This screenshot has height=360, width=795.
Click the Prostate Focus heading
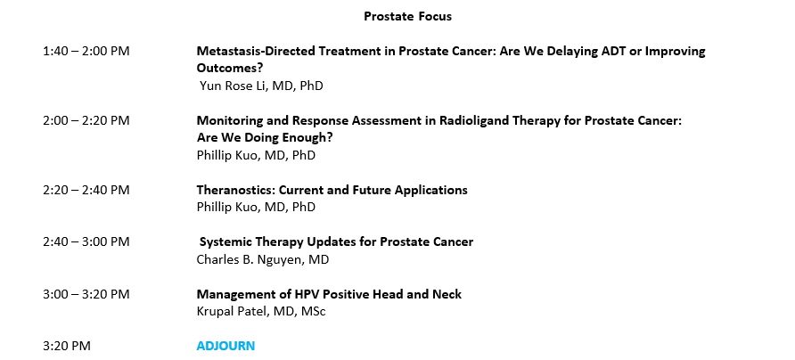tap(407, 16)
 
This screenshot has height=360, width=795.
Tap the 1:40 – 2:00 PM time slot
tap(86, 51)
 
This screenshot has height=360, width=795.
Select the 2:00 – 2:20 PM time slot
tap(86, 120)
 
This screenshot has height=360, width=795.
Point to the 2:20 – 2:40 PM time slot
tap(86, 190)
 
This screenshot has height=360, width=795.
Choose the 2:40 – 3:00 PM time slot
tap(86, 241)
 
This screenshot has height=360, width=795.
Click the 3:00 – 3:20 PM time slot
tap(86, 294)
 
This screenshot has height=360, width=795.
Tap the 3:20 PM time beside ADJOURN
tap(67, 347)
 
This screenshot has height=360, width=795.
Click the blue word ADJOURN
tap(225, 346)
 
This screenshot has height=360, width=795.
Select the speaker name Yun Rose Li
tap(234, 86)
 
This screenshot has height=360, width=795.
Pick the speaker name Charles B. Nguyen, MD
tap(263, 259)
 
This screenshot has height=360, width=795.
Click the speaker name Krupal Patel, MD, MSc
tap(261, 311)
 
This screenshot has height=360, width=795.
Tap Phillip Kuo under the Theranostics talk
tap(226, 207)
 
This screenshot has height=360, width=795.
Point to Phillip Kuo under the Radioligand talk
tap(226, 155)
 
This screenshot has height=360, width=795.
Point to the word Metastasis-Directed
tap(275, 51)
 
